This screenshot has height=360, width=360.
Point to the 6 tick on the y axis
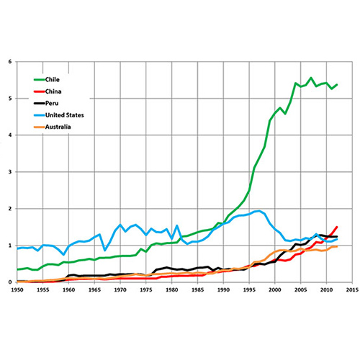click(9, 61)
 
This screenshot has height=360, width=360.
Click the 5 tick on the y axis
click(9, 98)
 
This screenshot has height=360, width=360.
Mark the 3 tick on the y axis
click(9, 171)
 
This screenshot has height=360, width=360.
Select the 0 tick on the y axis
click(9, 282)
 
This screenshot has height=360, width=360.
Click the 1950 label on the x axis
click(17, 290)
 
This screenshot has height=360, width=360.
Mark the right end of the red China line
click(336, 226)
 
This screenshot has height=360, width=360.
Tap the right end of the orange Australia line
click(336, 246)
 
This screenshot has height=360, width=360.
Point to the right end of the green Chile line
click(336, 84)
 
